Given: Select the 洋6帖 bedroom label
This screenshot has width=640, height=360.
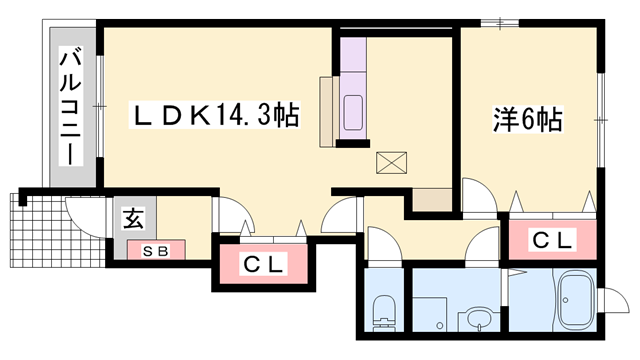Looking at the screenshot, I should [x=527, y=120].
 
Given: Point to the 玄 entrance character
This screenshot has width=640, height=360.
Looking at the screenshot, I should [x=132, y=218].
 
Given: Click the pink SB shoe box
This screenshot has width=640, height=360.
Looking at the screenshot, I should [x=154, y=250].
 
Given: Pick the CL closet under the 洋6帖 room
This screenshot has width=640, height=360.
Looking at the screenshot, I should [x=552, y=240].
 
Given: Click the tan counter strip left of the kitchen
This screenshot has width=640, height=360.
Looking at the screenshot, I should [x=327, y=111].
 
